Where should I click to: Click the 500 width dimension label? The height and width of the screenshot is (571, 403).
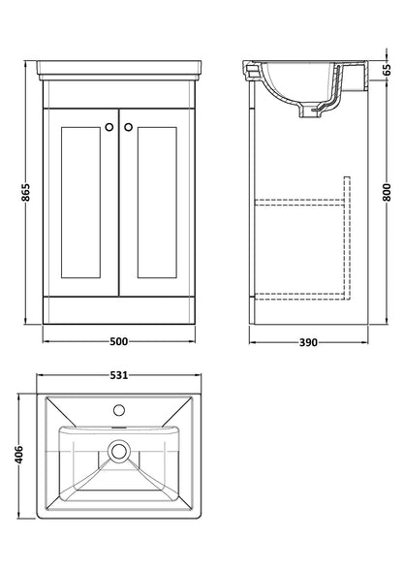pos(118,340)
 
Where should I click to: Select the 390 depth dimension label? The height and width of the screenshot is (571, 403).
pos(308,340)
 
